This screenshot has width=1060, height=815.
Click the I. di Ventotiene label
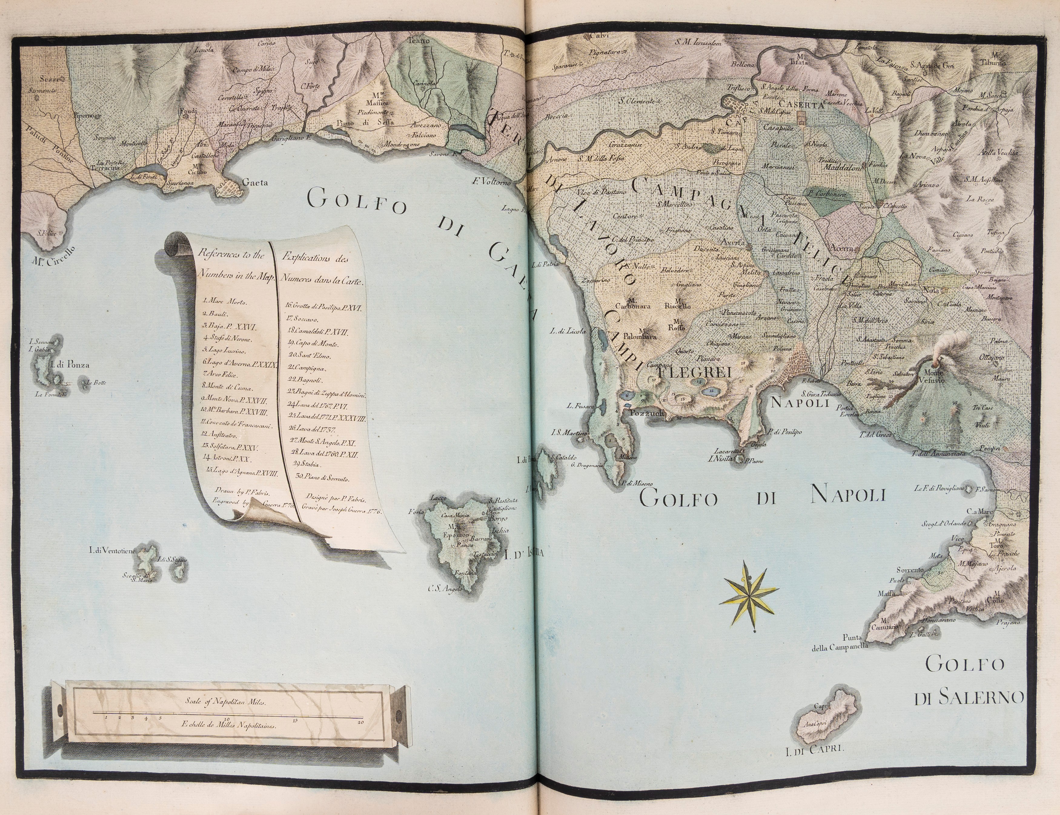112,550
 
